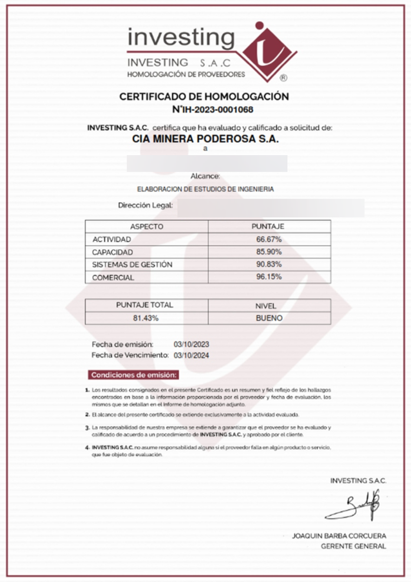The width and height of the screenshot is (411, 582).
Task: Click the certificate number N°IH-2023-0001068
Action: (x=213, y=110)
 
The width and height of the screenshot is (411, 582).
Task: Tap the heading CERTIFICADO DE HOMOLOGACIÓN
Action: (x=204, y=97)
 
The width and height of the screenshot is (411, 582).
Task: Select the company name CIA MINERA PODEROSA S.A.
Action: (x=205, y=138)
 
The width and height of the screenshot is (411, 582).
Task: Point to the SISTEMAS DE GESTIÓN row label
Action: (x=132, y=265)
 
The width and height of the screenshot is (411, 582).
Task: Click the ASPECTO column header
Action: (x=146, y=227)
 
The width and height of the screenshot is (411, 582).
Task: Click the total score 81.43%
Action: (x=146, y=318)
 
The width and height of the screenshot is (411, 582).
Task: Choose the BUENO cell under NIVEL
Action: (x=269, y=318)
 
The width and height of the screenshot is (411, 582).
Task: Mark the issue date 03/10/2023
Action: (x=191, y=344)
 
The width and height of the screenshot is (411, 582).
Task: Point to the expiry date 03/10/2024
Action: (x=191, y=355)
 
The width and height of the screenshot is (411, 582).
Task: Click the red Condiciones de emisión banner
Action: (x=133, y=375)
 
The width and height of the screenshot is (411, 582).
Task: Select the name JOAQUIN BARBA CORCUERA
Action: (x=339, y=536)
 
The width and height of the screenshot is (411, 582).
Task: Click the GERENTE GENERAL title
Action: (x=353, y=546)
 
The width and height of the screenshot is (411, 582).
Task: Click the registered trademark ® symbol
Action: (x=284, y=78)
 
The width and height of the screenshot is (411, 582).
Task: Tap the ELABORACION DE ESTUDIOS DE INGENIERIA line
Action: (x=205, y=190)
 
